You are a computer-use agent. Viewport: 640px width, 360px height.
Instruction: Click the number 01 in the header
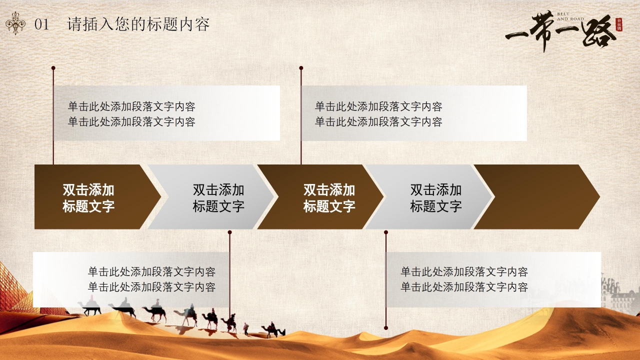pyautogui.click(x=42, y=24)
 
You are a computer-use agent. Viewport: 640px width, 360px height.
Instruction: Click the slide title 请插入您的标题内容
pyautogui.click(x=138, y=24)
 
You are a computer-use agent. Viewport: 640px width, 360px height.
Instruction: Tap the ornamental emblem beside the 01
pyautogui.click(x=16, y=24)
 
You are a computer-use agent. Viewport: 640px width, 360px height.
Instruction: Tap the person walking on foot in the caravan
pyautogui.click(x=245, y=328)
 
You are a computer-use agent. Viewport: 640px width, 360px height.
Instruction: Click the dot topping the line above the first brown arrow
pyautogui.click(x=53, y=67)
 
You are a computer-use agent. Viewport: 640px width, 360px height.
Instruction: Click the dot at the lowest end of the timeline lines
pyautogui.click(x=385, y=328)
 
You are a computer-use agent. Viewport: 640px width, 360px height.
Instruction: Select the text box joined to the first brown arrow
pyautogui.click(x=167, y=113)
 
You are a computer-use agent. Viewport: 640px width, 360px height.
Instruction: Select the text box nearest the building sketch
pyautogui.click(x=493, y=279)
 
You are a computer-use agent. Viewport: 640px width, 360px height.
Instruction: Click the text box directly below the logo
pyautogui.click(x=414, y=113)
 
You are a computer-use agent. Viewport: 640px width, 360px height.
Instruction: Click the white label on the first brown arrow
pyautogui.click(x=88, y=197)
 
